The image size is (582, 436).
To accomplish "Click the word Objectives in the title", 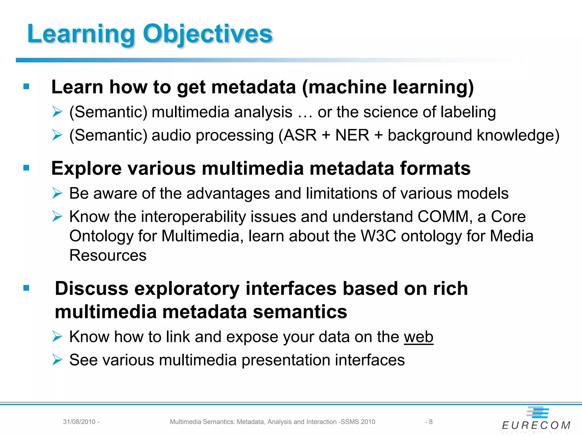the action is click(207, 34).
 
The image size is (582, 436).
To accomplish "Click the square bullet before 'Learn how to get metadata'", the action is click(26, 87).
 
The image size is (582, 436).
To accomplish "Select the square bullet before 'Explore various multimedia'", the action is click(26, 168).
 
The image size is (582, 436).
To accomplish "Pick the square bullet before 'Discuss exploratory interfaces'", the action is click(26, 288).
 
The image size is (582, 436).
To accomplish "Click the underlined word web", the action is click(418, 337).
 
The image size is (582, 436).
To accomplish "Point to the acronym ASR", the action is click(300, 135).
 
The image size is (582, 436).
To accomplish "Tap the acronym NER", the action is click(352, 135).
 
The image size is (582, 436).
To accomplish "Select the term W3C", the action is click(378, 236).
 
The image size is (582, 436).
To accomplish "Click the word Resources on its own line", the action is click(108, 255).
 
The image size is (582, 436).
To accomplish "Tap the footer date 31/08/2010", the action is click(79, 422).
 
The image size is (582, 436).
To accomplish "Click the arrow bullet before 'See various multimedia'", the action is click(57, 360).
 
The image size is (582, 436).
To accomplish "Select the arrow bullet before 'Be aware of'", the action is click(57, 194).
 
